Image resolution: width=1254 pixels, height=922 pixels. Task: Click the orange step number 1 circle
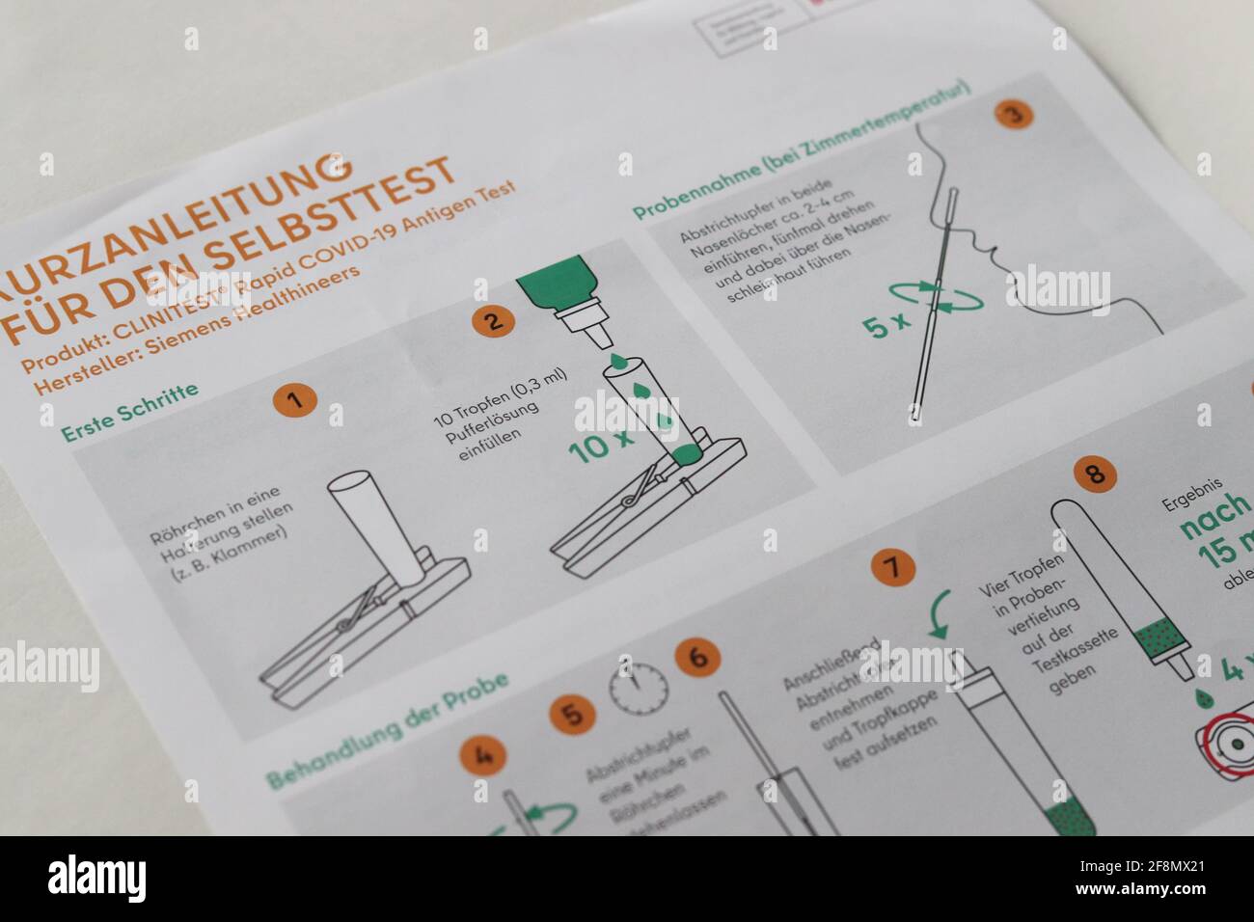click(x=301, y=400)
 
